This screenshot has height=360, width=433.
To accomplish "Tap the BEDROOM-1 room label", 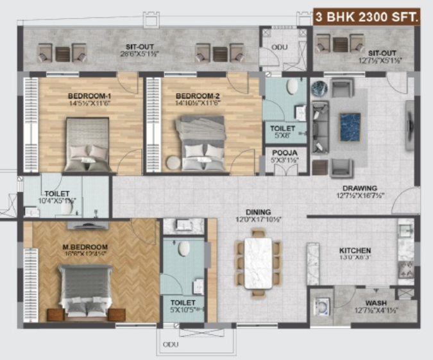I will pyautogui.click(x=89, y=97).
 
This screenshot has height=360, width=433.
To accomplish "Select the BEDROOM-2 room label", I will pyautogui.click(x=198, y=97).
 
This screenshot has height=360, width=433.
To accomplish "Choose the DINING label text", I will pyautogui.click(x=258, y=212).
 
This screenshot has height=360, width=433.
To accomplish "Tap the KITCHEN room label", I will pyautogui.click(x=355, y=251).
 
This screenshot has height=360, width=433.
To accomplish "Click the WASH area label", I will pyautogui.click(x=375, y=304).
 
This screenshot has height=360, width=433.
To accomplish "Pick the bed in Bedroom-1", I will pyautogui.click(x=89, y=144).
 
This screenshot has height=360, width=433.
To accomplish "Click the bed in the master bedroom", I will pyautogui.click(x=85, y=293).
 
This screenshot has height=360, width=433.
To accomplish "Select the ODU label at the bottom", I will pyautogui.click(x=170, y=345).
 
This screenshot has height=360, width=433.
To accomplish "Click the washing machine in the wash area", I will pyautogui.click(x=321, y=306).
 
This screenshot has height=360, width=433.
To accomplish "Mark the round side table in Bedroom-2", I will pyautogui.click(x=173, y=162).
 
